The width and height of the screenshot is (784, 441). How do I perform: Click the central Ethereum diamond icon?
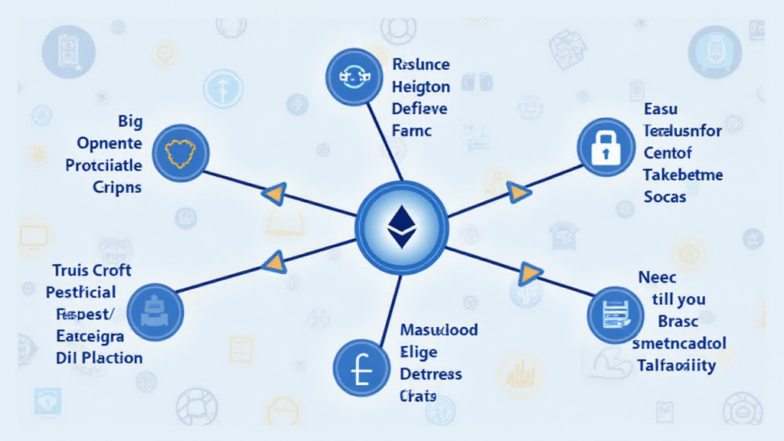399,226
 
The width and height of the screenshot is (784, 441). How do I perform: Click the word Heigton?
420,87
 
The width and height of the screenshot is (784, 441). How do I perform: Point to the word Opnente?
109,143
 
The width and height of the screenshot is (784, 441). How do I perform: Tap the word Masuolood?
439,330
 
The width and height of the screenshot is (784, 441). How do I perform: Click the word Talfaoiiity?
676,365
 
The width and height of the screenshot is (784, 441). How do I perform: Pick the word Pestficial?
81,292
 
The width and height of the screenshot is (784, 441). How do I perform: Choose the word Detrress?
431,374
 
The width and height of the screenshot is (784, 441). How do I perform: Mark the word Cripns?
117,187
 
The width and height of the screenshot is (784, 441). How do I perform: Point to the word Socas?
665,197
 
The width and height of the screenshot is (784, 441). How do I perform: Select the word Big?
131,122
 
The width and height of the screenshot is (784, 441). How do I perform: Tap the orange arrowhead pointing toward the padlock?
518,192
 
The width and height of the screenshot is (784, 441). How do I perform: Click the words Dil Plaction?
100,358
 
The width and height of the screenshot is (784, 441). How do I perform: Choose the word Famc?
412,130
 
